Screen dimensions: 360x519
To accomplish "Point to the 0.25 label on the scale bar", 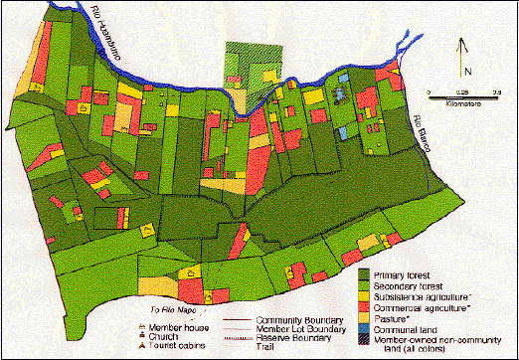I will [x=462, y=90].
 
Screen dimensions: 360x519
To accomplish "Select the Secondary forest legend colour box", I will [x=364, y=284].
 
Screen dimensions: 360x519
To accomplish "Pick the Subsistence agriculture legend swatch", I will [x=364, y=295].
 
